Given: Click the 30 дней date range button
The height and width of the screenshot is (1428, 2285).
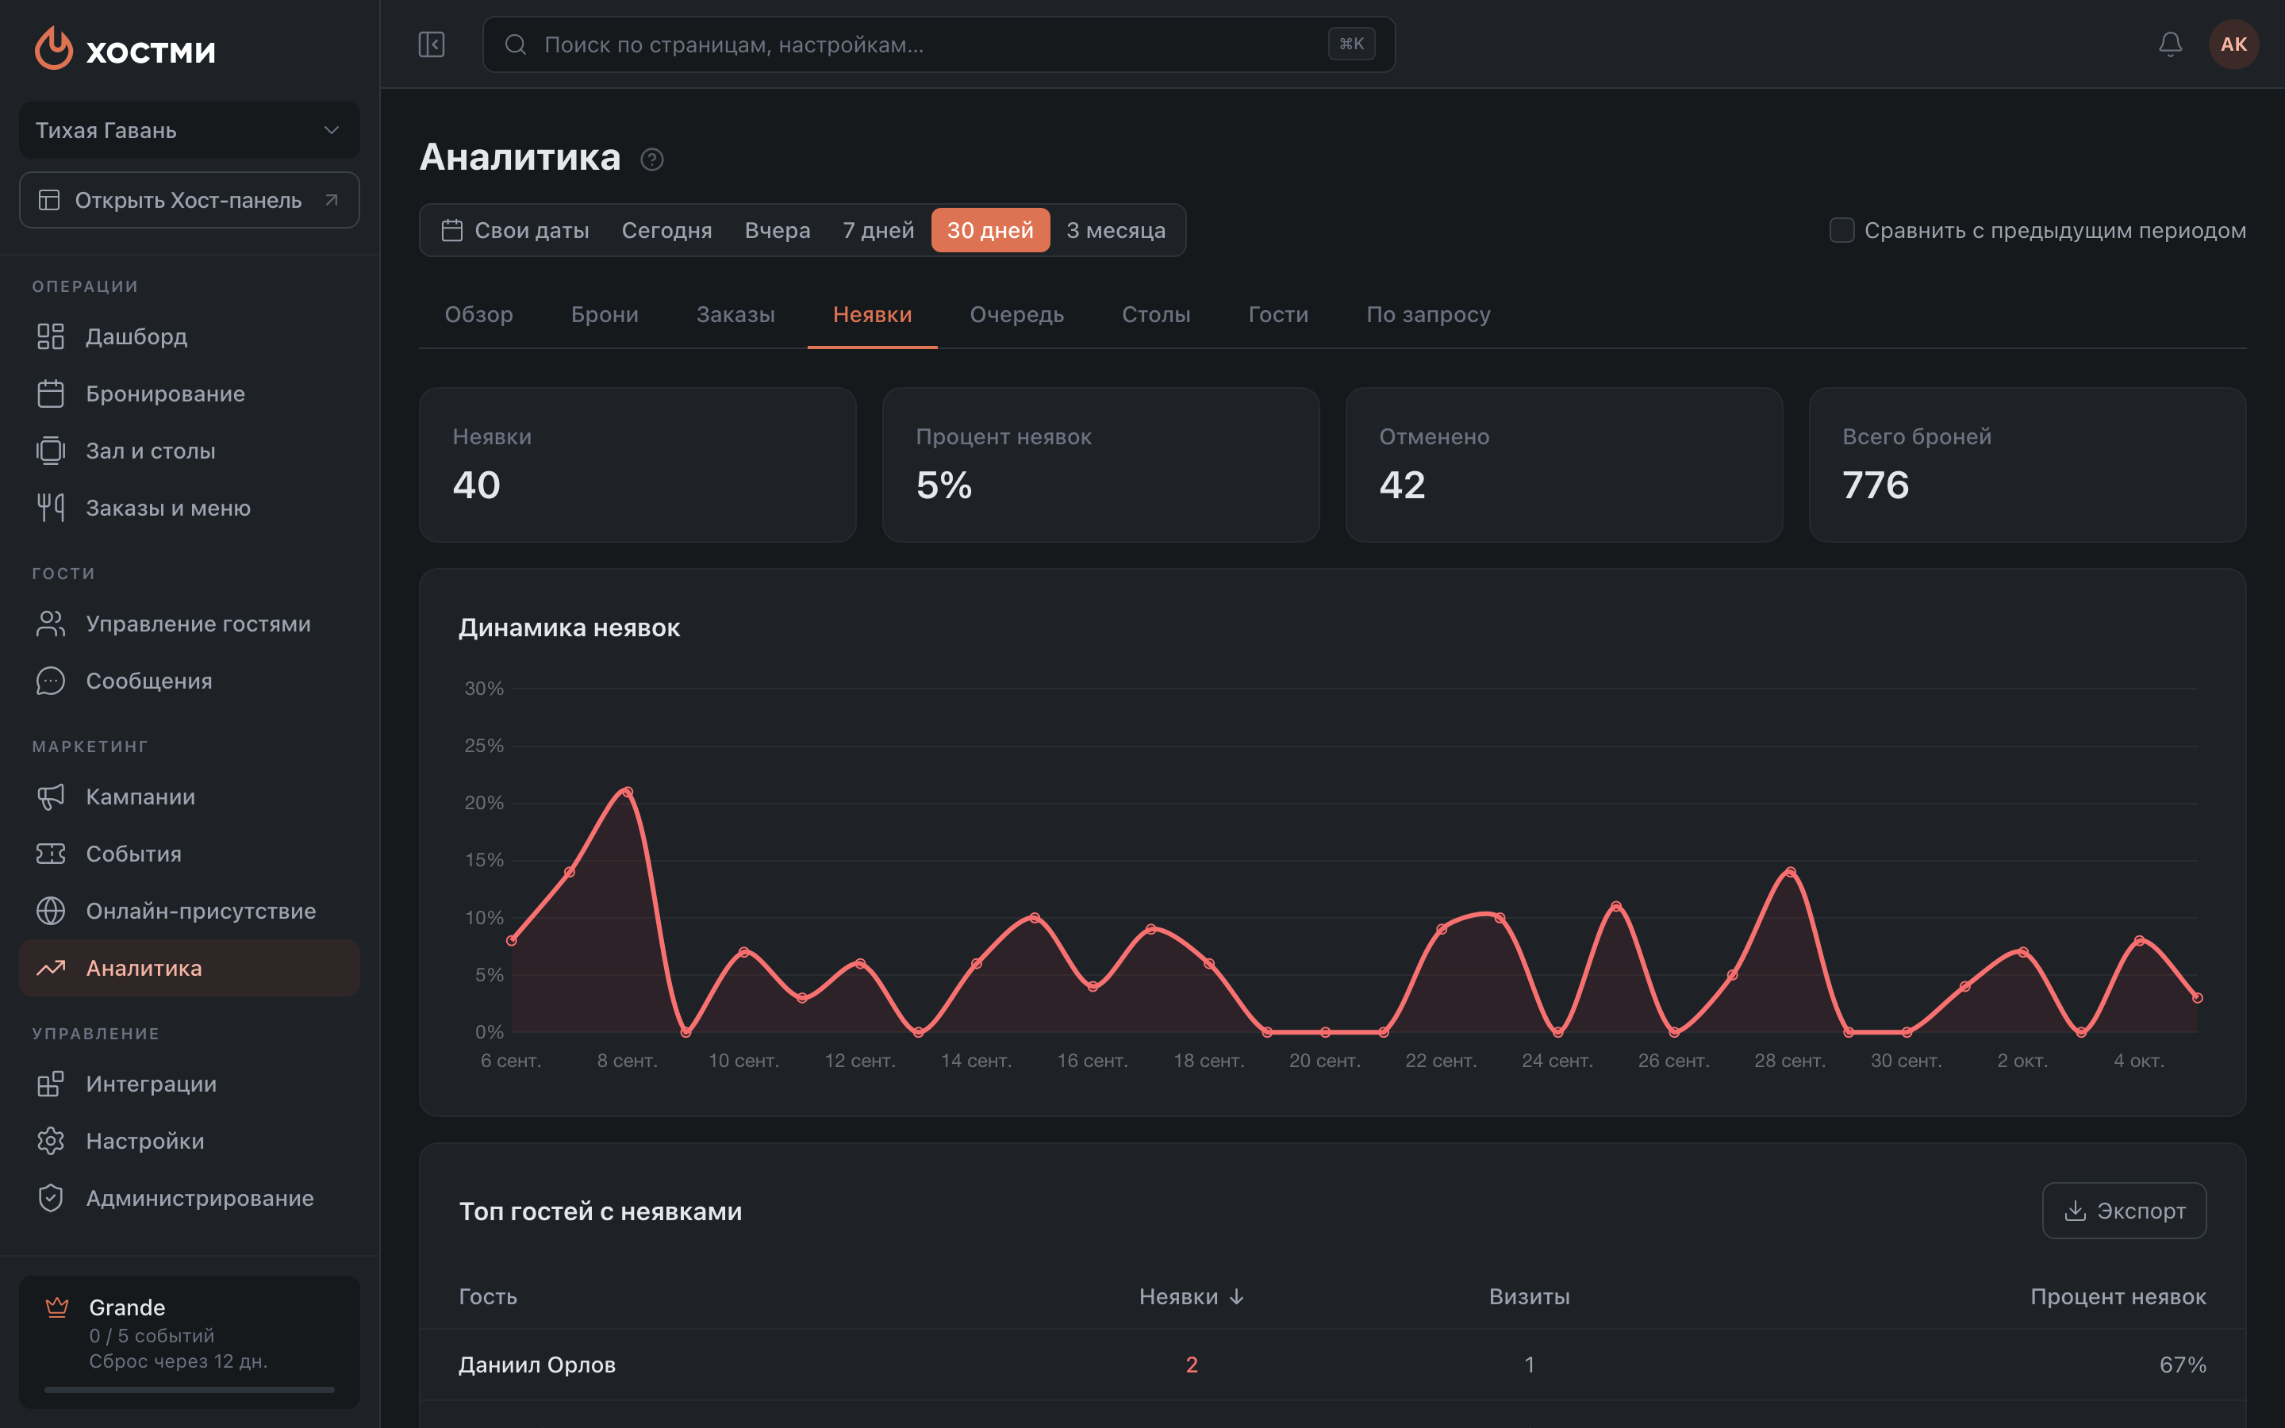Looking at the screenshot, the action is (x=989, y=230).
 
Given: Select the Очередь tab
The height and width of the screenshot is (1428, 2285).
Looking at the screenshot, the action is (x=1016, y=314).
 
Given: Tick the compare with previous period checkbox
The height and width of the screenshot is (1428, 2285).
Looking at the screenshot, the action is (x=1841, y=230).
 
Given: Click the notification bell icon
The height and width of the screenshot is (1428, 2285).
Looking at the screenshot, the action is (x=2170, y=44).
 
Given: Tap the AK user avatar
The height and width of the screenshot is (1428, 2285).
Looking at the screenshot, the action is (x=2233, y=44).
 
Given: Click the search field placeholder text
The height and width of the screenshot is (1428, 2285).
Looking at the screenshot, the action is (x=734, y=44).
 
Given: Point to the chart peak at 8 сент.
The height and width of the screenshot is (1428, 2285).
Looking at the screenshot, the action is (x=628, y=792).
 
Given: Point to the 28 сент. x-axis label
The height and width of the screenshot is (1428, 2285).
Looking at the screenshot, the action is (x=1789, y=1061).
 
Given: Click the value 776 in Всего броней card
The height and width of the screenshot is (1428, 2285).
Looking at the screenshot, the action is (x=1876, y=486).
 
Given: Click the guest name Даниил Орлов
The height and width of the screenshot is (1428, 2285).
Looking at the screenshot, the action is (x=536, y=1365).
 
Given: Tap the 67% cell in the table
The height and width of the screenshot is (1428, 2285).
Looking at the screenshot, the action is (x=2182, y=1365).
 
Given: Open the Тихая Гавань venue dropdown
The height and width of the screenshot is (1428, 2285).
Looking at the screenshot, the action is (x=189, y=130).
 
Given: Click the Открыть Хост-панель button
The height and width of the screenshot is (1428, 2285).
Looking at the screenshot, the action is (x=189, y=200).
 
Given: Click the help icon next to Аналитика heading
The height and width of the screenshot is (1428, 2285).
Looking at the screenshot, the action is (x=651, y=159).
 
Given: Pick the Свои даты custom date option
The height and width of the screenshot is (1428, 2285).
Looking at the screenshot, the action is (x=516, y=230).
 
